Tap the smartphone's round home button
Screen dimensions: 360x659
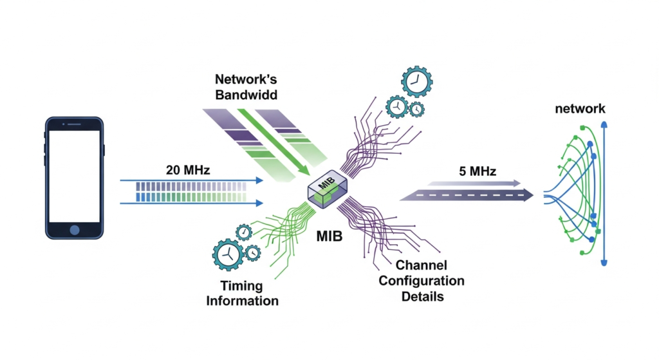click(75, 230)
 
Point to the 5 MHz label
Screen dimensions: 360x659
click(478, 172)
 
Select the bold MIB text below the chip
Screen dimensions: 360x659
click(329, 236)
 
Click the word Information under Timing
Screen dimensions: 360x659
click(242, 301)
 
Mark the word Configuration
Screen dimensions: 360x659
click(421, 281)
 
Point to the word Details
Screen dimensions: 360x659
click(421, 296)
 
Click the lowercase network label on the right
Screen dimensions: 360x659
click(580, 109)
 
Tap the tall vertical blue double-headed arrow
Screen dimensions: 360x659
click(603, 193)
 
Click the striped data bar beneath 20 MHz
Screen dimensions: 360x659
click(191, 192)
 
